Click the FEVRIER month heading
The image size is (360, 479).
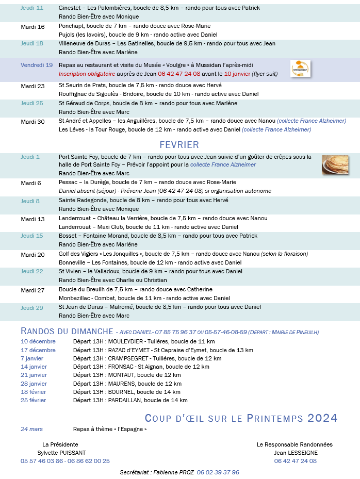tap(179, 145)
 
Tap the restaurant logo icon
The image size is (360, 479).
tap(300, 69)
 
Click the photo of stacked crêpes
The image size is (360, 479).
tap(335, 164)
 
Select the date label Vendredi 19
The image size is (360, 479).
tap(37, 65)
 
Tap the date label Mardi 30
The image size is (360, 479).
tap(32, 121)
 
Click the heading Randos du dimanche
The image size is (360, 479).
tap(67, 331)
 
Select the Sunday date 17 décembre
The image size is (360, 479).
tap(38, 350)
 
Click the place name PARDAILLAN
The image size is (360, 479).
tap(124, 400)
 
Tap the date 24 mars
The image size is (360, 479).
tap(31, 429)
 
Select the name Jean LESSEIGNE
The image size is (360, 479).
tap(296, 453)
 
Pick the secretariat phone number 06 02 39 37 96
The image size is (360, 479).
tap(218, 472)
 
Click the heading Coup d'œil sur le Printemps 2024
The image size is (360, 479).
tap(241, 418)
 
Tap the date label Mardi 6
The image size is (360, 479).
tap(30, 183)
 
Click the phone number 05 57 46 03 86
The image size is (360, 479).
tap(42, 461)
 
